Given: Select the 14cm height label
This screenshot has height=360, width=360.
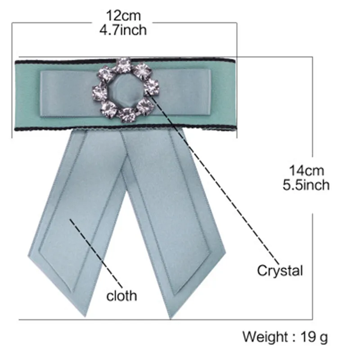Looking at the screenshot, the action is click(x=306, y=171).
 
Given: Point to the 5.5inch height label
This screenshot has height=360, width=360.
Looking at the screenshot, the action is click(x=306, y=184).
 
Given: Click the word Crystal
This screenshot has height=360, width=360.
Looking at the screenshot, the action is click(x=280, y=270).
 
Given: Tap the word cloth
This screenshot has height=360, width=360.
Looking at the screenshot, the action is click(x=121, y=296).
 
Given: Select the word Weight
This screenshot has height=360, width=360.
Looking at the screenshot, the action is click(x=265, y=337).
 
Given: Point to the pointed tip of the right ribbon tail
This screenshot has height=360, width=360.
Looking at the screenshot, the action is click(x=171, y=318).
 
